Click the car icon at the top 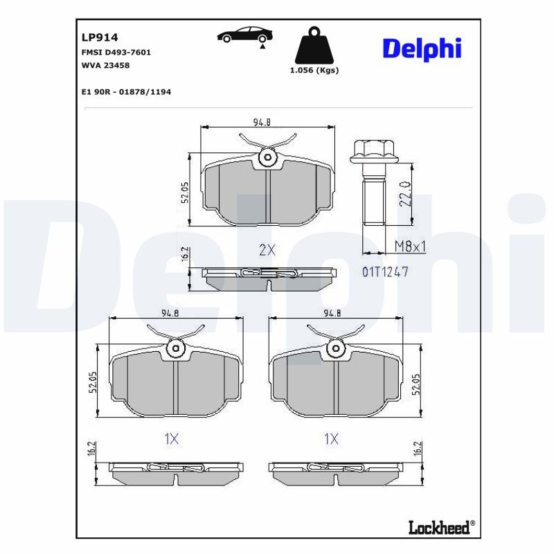243,36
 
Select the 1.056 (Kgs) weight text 314,70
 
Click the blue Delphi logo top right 422,48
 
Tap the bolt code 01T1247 385,272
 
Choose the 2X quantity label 267,251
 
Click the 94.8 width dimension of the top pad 261,123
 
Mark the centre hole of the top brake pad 267,159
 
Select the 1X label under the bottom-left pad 171,438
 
